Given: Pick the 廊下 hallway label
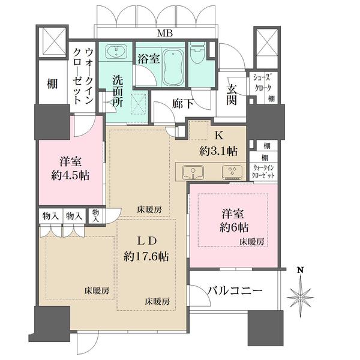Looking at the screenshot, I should coord(182,103).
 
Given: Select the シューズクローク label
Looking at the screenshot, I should coord(265,81).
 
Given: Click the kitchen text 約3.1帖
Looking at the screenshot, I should coord(218,149).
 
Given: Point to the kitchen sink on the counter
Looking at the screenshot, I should coord(193,172).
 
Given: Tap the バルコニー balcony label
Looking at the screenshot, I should coord(235,290).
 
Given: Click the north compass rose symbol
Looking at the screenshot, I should coord(300,295).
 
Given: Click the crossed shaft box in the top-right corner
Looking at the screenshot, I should coord(265,43).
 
